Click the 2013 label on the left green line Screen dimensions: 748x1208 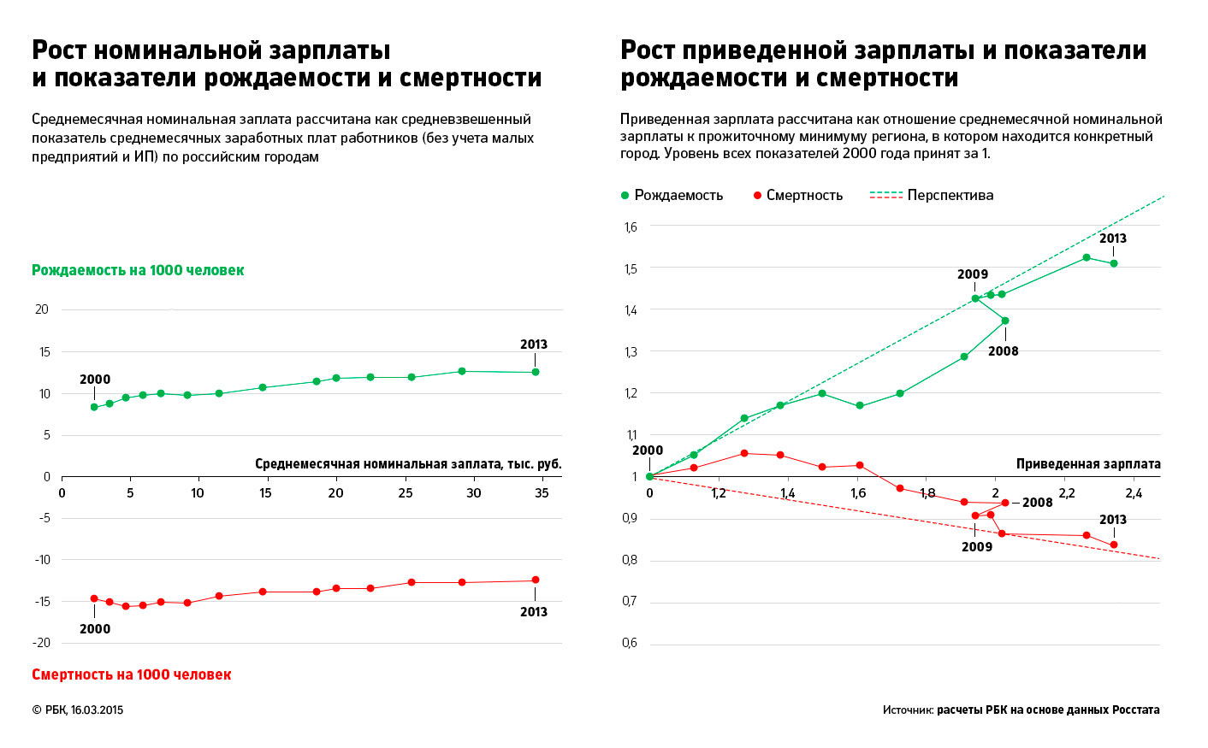(533, 345)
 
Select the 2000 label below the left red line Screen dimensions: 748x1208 (95, 629)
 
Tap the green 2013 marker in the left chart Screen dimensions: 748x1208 (536, 372)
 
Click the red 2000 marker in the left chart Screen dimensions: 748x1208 (94, 598)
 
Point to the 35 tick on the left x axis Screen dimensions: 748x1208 (542, 493)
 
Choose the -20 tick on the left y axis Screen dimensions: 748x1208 (42, 643)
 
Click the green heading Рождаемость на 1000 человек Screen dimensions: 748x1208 (138, 270)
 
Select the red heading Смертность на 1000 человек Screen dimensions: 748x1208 (131, 674)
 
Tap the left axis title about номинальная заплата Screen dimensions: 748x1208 (408, 464)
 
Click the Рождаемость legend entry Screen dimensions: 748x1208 (672, 195)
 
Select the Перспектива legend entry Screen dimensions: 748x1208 (932, 195)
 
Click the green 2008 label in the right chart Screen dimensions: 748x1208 (1004, 351)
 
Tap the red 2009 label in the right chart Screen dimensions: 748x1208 (976, 547)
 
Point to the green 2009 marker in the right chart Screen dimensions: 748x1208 (975, 298)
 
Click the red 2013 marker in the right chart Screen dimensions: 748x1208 (1114, 545)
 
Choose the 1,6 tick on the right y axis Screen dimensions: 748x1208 (631, 227)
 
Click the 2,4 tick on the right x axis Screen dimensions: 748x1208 (1134, 493)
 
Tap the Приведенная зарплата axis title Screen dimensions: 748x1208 (1088, 464)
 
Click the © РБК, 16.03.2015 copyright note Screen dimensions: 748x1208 (78, 710)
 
